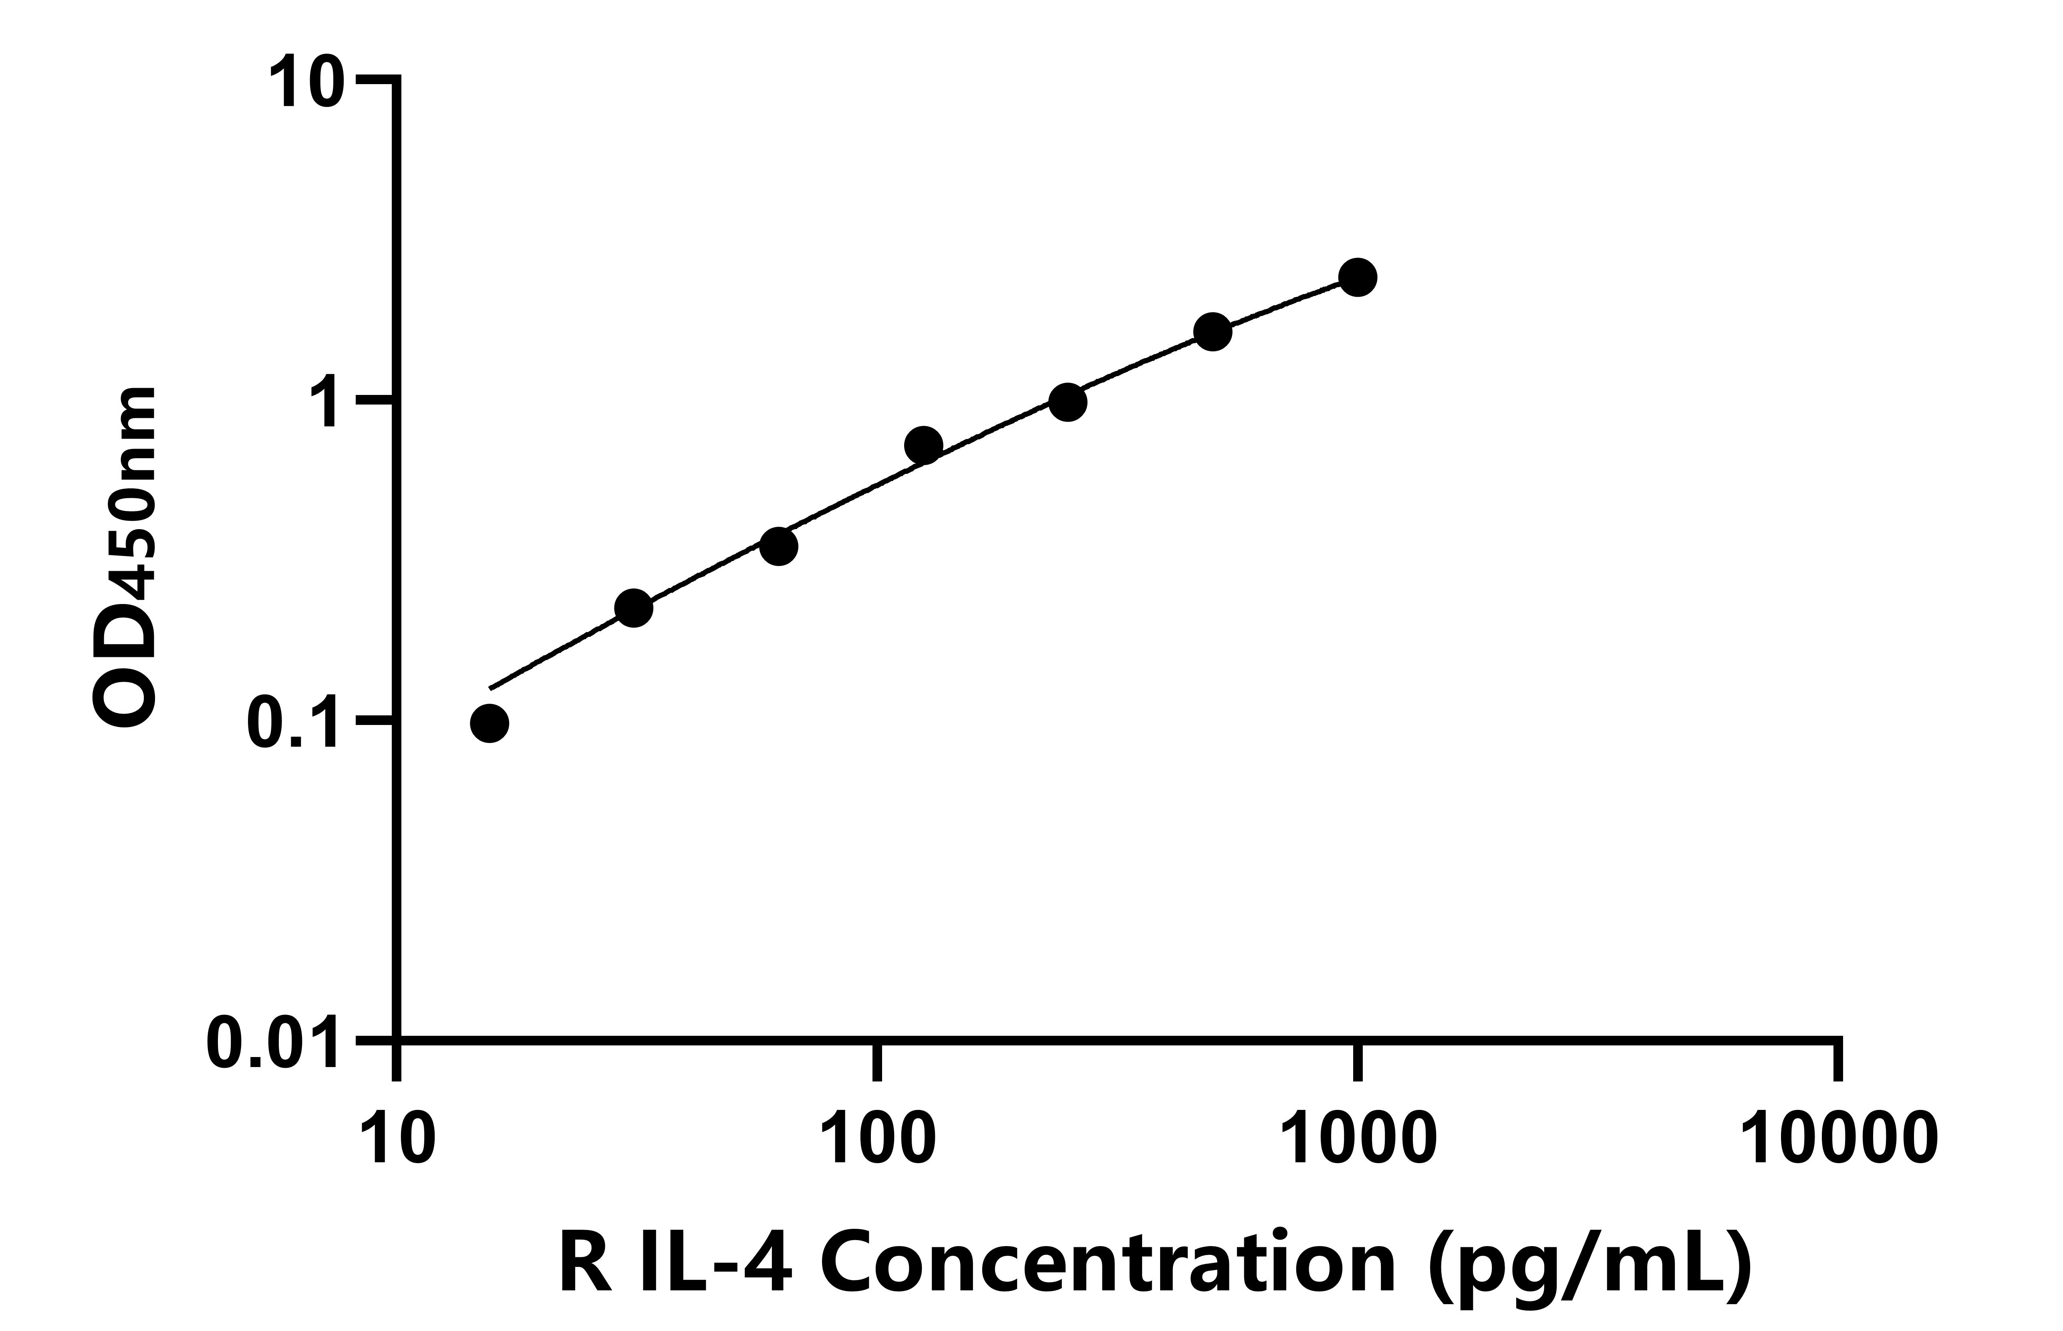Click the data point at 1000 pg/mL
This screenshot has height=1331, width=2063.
pos(1358,278)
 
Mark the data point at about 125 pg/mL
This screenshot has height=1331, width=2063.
pos(923,445)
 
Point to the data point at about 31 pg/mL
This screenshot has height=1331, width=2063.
pos(633,608)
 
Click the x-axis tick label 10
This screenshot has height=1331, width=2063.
pos(397,1141)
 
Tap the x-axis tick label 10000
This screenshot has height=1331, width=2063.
pos(1838,1141)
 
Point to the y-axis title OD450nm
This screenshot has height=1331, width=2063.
pos(125,558)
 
